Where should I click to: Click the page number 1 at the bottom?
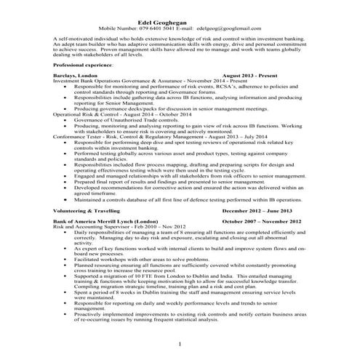pos(180,343)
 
